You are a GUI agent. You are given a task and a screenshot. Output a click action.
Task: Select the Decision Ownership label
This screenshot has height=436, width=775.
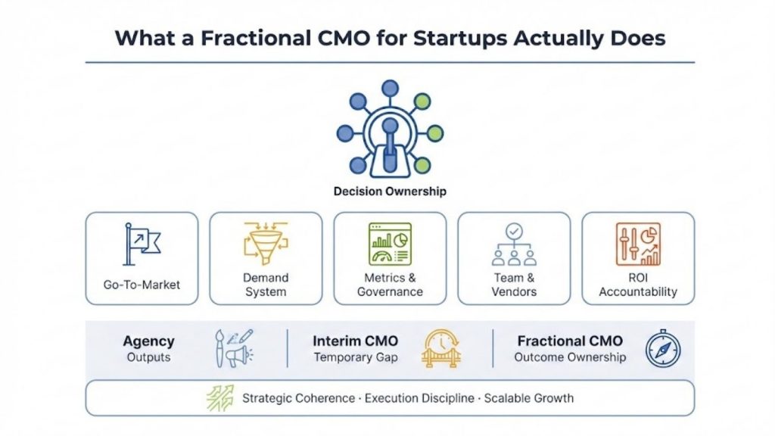click(x=390, y=192)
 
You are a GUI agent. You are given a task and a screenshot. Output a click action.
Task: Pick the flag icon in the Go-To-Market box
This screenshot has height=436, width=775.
click(x=142, y=244)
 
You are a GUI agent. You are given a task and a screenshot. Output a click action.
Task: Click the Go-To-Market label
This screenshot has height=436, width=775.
click(x=142, y=285)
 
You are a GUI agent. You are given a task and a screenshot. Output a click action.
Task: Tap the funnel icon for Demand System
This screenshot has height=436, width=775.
click(x=266, y=243)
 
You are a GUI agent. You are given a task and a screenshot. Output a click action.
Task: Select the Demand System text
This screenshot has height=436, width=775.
click(x=266, y=285)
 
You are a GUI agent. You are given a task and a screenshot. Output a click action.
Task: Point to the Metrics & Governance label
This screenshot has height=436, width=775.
click(x=390, y=285)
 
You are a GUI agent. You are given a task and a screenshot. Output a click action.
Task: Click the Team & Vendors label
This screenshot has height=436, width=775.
click(x=514, y=285)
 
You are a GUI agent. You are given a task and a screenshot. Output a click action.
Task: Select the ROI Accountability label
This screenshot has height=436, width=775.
click(x=638, y=285)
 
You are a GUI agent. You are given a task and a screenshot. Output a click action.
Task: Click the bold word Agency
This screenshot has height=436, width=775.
click(x=148, y=341)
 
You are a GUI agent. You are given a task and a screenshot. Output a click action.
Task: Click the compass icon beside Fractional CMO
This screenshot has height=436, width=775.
click(x=663, y=348)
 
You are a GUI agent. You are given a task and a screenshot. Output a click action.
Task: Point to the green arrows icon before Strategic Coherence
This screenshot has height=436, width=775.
click(x=220, y=398)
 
